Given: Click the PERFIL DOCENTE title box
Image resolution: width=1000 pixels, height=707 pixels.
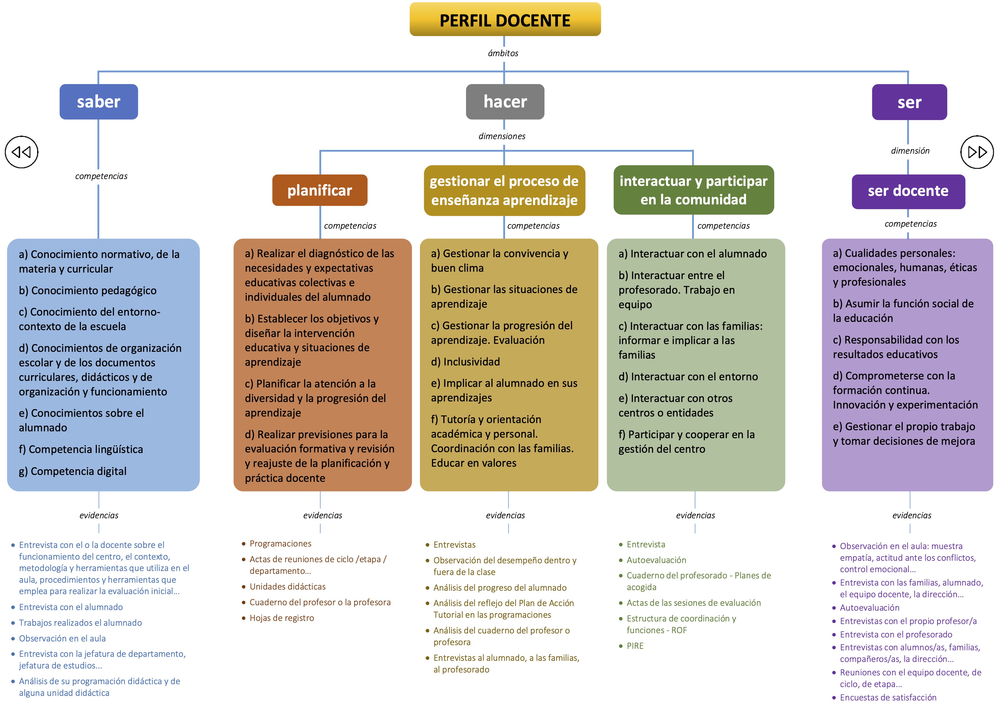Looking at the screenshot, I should point(505,20).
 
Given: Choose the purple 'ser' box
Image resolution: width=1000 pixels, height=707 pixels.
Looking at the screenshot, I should point(909,102).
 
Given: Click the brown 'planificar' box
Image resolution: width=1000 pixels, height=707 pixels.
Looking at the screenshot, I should point(320,190).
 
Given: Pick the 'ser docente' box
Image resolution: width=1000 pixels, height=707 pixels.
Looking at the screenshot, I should point(908,191).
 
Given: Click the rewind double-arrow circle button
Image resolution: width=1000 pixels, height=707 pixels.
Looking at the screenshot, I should point(21,152).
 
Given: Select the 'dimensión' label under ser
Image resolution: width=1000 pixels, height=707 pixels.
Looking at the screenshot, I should point(910,151).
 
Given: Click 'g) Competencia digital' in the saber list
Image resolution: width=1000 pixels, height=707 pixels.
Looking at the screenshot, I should point(73,471).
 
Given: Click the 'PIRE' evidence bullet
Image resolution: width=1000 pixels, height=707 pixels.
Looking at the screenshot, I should point(635,646).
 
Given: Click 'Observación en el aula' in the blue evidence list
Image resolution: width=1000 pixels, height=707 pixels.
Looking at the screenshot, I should point(62,639).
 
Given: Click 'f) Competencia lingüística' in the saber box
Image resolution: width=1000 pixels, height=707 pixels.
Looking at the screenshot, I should point(81,450).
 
